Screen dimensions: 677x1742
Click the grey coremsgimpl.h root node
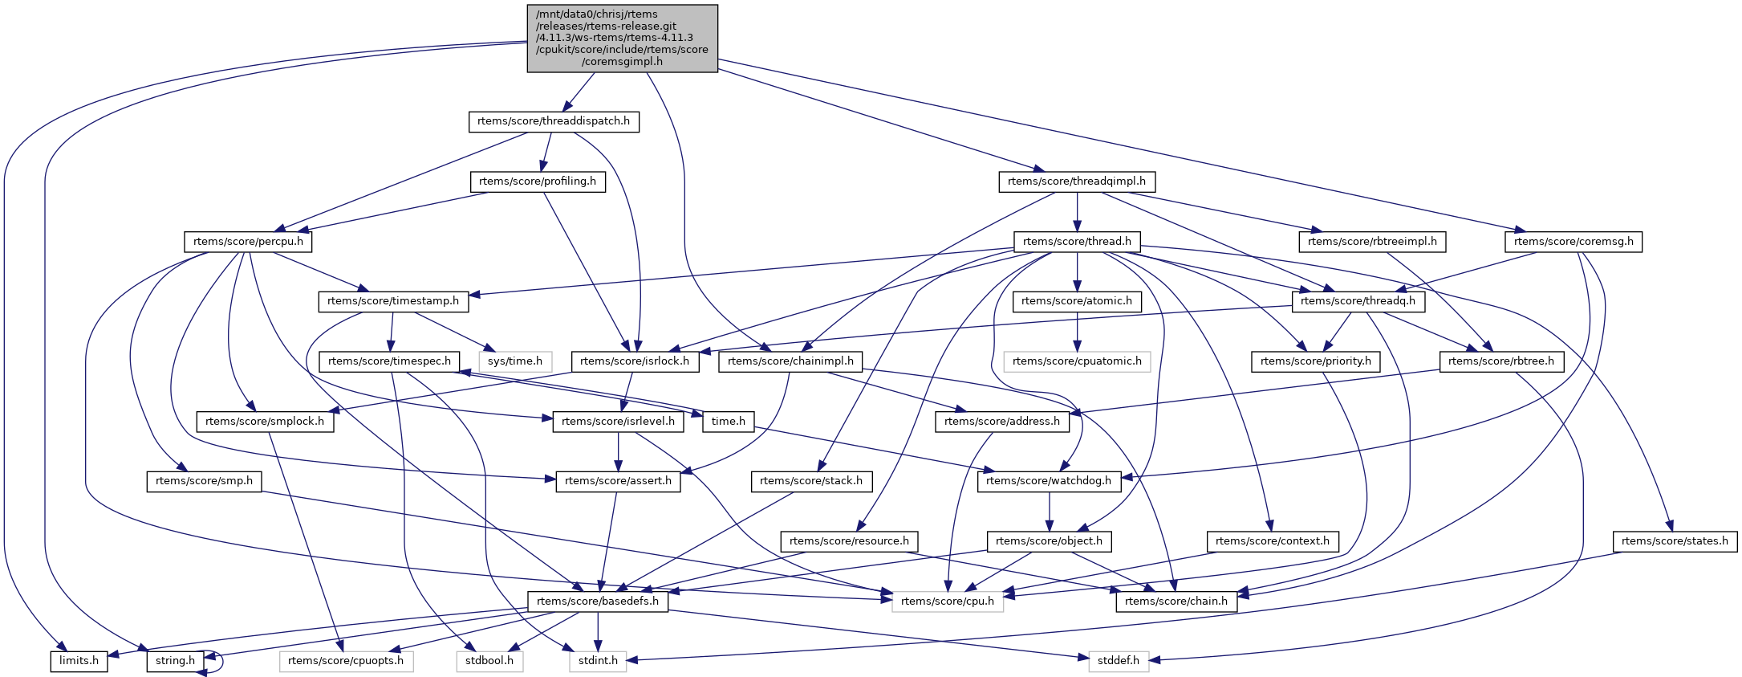(622, 39)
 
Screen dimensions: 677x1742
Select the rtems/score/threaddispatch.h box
(554, 122)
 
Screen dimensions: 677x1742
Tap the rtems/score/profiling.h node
(538, 181)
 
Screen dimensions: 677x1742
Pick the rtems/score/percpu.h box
(248, 242)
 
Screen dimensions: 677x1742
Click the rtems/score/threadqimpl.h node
(1077, 181)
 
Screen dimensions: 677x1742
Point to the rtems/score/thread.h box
(1077, 242)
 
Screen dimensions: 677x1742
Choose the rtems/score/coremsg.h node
(1573, 242)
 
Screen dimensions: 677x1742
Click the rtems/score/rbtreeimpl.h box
(1372, 242)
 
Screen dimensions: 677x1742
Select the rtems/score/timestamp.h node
(393, 301)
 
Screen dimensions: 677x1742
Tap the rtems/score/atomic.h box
(1077, 301)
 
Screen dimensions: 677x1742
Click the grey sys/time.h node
(515, 361)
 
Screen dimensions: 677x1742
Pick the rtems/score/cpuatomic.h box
(1077, 361)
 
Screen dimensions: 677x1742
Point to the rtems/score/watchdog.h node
(1049, 481)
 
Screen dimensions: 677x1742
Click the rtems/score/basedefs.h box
(598, 602)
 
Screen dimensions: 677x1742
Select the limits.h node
(79, 662)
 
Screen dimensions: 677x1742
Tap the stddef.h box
(1119, 662)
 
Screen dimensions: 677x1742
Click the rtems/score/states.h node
(1675, 541)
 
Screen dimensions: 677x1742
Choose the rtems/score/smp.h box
(204, 481)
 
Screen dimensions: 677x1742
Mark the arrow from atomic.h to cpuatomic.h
(1077, 331)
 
